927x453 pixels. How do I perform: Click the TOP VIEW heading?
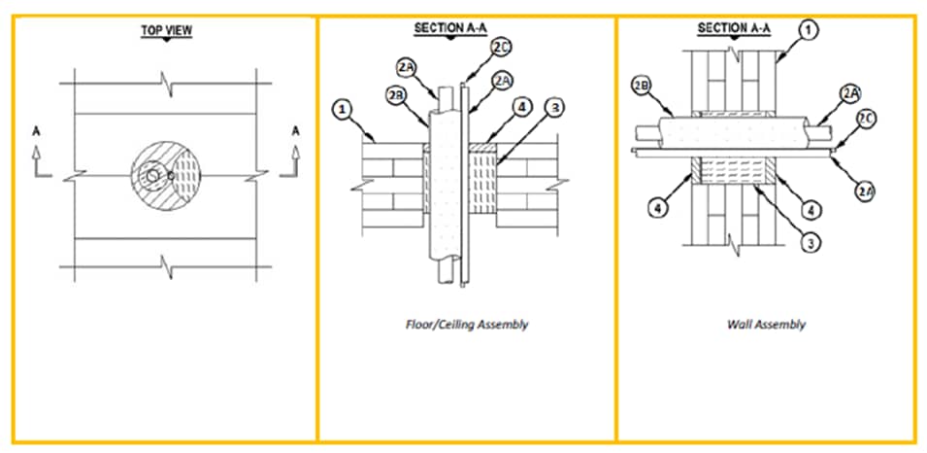click(x=167, y=31)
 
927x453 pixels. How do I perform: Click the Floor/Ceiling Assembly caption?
click(x=466, y=325)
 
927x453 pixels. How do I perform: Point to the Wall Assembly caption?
click(x=766, y=325)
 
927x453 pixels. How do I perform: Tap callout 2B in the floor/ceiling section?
click(x=395, y=95)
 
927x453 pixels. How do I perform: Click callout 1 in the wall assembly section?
click(x=808, y=31)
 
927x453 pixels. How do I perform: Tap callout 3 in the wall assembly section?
click(x=808, y=243)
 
